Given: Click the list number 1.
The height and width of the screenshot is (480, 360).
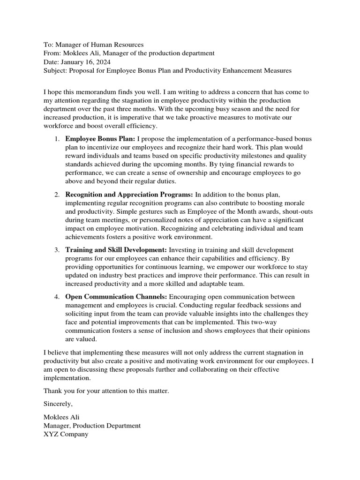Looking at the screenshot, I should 56,139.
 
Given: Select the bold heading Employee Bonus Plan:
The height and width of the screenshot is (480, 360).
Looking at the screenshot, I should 100,139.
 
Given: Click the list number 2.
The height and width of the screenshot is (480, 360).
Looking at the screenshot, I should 56,194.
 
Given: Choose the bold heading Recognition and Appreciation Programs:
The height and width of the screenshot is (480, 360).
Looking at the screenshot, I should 129,194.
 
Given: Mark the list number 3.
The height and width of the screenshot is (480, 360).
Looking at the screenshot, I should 56,249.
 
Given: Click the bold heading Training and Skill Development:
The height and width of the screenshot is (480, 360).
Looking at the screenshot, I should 116,249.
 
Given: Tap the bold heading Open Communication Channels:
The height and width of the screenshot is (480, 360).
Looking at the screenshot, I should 116,296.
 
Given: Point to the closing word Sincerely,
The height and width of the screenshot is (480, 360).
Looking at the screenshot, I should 58,404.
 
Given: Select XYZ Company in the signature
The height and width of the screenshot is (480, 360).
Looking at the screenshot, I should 66,434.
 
